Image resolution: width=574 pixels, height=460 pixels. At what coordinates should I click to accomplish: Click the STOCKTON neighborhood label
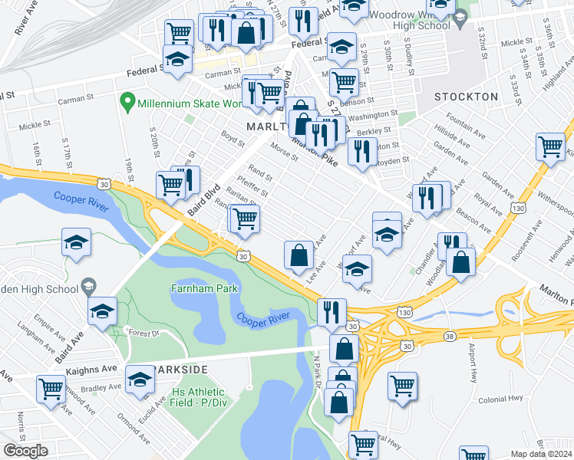coord(466,97)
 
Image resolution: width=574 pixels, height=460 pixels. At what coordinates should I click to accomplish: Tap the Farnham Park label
coord(203,289)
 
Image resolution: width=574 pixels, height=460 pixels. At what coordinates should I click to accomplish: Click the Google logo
coord(25,451)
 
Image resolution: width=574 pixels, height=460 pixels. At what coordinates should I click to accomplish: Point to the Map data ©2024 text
coord(542,454)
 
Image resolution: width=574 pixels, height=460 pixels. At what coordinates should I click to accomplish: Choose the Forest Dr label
coord(143,333)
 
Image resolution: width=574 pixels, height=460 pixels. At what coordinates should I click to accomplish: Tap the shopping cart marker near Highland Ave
coord(551,145)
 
